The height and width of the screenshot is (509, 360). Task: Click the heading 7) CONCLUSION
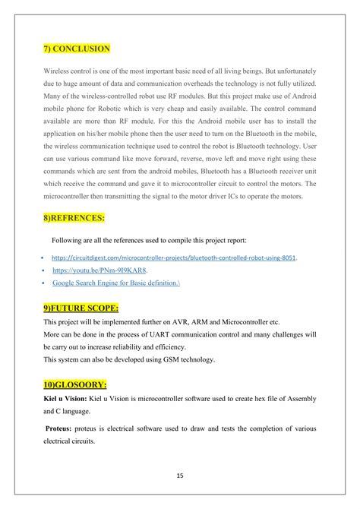(x=77, y=50)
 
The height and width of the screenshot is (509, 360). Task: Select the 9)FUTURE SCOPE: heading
(x=81, y=309)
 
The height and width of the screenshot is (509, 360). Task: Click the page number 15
(x=180, y=477)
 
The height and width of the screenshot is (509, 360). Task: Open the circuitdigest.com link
(x=174, y=258)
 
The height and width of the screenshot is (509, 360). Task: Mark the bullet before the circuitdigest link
(x=44, y=258)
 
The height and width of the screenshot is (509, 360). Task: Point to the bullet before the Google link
(x=44, y=283)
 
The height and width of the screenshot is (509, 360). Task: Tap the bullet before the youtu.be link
(x=44, y=270)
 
